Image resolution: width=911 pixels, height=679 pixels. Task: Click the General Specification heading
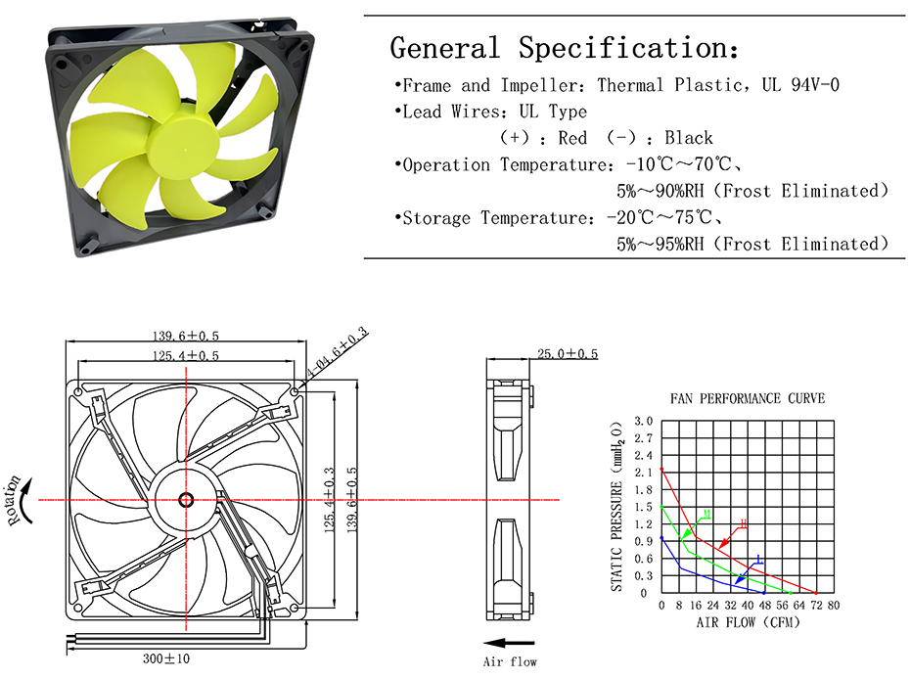coord(565,48)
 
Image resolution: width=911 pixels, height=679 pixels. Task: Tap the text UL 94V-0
coord(800,85)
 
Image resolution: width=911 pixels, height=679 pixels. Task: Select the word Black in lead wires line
coord(689,138)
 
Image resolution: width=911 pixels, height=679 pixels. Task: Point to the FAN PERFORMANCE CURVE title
coord(748,398)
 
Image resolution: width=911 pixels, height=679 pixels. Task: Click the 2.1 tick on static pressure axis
coord(643,473)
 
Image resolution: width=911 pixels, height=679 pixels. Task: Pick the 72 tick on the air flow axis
coord(816,606)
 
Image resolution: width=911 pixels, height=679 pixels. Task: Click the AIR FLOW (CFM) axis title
coord(748,622)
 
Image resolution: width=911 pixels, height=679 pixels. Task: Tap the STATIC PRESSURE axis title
coord(616,507)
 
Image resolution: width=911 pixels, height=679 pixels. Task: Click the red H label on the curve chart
coord(743,523)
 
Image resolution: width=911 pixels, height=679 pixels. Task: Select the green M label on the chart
coord(706,514)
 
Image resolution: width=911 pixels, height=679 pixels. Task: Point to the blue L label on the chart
coord(758,560)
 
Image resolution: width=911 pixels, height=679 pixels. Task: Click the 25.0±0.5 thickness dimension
coord(568,354)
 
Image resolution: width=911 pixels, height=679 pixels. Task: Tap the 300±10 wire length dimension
coord(166,658)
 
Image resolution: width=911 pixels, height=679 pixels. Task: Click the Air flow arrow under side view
coord(509,643)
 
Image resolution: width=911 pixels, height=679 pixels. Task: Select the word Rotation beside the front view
coord(15,501)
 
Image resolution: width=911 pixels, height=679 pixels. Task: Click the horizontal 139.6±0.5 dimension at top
coord(186,336)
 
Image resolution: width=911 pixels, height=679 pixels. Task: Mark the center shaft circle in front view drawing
coord(186,500)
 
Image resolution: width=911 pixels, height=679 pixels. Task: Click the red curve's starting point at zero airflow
coord(661,470)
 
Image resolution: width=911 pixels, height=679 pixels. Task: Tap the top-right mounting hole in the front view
coord(295,392)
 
